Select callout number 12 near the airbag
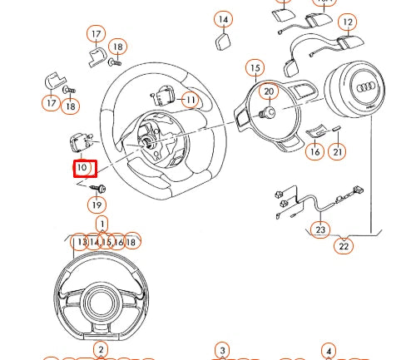[347, 22]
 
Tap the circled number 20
[268, 91]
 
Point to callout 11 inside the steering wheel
[191, 101]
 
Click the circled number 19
[97, 205]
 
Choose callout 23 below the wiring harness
[321, 229]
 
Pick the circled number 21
[337, 151]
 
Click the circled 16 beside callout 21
[314, 151]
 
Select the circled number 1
[102, 224]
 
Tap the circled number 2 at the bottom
[100, 349]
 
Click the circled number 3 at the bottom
[221, 350]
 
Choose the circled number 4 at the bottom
[329, 350]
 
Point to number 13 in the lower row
[81, 242]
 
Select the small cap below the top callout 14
[224, 42]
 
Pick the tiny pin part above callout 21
[337, 129]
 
